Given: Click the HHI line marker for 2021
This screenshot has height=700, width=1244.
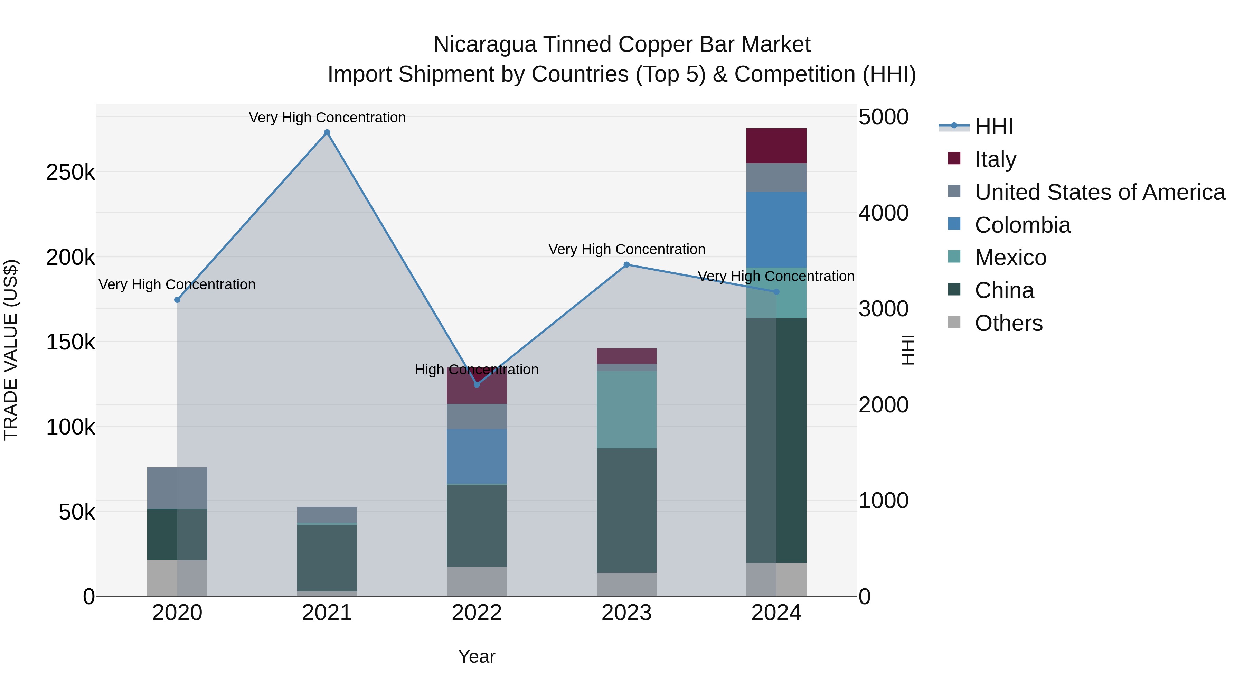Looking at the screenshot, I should (327, 132).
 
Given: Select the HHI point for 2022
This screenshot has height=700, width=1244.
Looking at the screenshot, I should (477, 384).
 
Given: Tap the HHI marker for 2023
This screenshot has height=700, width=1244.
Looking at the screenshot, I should (626, 265).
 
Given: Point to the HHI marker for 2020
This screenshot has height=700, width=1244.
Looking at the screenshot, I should (177, 300).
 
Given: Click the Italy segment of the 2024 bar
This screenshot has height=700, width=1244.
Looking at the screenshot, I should (776, 146).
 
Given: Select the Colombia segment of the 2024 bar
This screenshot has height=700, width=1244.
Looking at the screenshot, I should (776, 230).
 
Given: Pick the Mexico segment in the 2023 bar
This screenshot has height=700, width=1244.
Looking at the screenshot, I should (626, 410).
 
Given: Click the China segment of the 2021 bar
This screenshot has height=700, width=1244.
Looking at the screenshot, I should (327, 558).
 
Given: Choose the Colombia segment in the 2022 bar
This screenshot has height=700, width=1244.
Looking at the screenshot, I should (477, 456).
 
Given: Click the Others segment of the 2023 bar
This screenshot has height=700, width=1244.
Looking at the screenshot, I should (626, 584).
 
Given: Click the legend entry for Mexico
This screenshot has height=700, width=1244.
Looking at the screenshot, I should (1010, 258).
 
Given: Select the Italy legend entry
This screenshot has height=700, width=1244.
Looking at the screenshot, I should (995, 159).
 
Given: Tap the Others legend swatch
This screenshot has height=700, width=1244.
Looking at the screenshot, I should (954, 322).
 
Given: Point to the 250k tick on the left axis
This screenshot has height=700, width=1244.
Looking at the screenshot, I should (70, 172).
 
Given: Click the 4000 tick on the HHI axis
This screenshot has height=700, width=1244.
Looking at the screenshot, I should (883, 213).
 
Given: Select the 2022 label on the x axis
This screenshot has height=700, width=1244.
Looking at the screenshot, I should (477, 613).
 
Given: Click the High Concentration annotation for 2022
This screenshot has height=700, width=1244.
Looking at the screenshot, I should (477, 370).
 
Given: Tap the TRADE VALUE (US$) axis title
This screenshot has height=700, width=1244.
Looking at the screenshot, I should (11, 350).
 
